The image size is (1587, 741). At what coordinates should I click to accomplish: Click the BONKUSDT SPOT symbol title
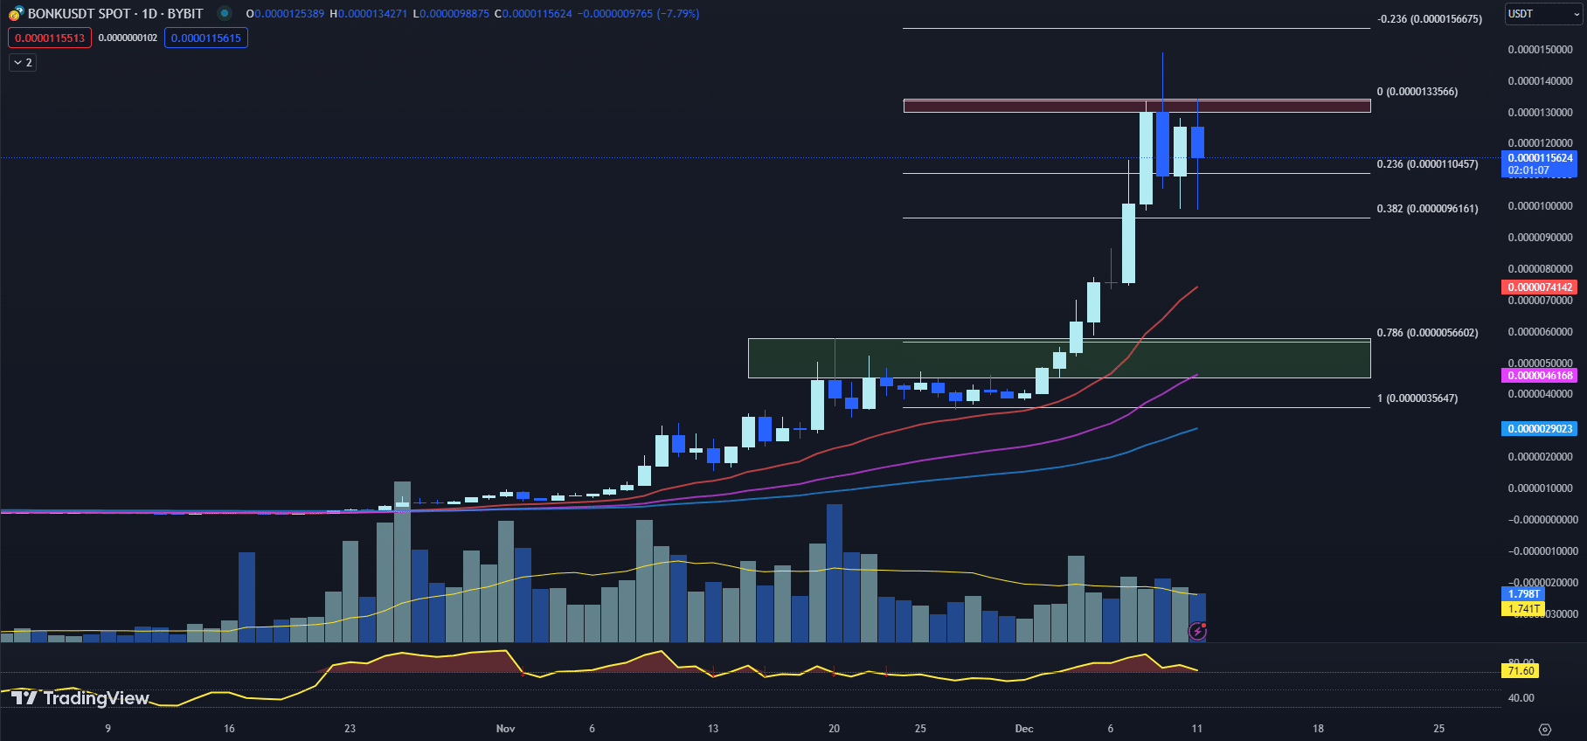[115, 14]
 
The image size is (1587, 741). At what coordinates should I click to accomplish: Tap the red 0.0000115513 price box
[50, 38]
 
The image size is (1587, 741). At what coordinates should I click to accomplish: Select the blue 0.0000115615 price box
[205, 38]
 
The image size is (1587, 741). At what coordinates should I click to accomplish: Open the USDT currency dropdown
[1542, 14]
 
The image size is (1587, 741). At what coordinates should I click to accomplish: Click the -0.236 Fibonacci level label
[1429, 19]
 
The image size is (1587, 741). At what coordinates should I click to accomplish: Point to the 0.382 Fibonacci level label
[1427, 209]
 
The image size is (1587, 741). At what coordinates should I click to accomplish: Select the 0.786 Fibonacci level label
[1427, 333]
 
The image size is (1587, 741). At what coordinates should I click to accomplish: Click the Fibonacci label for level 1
[1417, 398]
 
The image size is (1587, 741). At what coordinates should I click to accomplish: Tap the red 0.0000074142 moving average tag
[1539, 287]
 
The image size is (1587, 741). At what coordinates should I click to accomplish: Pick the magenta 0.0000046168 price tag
[1539, 376]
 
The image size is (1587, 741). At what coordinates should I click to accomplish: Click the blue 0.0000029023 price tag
[1539, 429]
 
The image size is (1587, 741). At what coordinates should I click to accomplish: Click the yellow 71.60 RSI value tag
[1521, 671]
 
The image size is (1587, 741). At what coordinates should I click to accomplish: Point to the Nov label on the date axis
[505, 729]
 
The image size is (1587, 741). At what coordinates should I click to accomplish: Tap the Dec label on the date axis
[1024, 729]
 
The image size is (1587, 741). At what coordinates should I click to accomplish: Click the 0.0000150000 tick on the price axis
[1540, 50]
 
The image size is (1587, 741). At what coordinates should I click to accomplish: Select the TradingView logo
[80, 697]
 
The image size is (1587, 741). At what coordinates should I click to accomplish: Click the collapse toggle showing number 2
[23, 63]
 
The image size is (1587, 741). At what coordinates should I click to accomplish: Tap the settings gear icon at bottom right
[1544, 730]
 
